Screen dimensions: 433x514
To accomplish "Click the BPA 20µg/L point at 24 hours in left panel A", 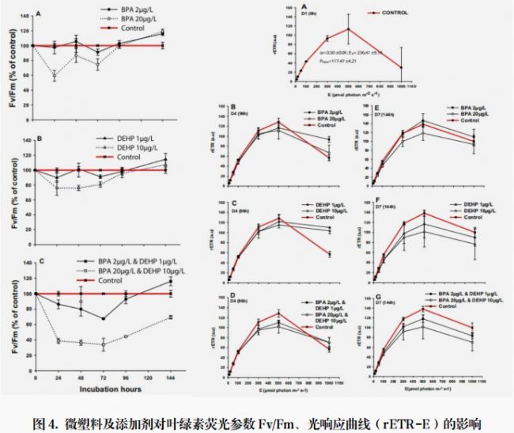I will point(54,76).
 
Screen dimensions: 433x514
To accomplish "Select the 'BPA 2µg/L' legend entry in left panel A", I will point(121,12).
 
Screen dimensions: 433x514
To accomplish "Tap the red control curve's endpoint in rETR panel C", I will point(328,253).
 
